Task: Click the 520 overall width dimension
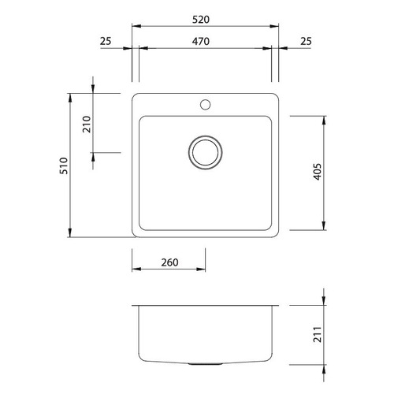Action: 205,17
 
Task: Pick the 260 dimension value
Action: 169,262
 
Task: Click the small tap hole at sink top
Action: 206,103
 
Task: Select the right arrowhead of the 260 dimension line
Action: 203,271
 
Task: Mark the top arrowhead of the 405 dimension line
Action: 324,118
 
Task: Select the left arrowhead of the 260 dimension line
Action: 134,271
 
